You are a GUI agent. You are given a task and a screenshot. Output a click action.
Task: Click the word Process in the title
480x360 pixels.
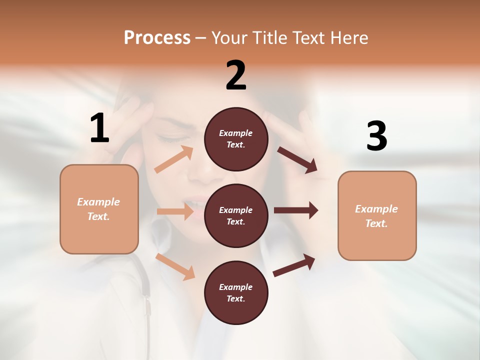(157, 37)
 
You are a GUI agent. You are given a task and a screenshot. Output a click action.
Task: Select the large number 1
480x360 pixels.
(99, 128)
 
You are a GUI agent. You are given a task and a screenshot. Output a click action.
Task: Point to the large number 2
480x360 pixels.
(236, 75)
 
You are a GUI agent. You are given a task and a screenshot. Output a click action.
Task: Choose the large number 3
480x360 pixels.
(376, 136)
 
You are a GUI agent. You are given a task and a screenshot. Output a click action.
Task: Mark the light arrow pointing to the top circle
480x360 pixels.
(174, 159)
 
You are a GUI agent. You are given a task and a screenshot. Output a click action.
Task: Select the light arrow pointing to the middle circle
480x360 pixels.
(175, 211)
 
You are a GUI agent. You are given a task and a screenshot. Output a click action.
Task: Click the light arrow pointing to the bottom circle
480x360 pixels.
(175, 266)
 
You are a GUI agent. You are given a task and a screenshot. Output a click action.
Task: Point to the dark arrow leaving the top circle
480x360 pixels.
(297, 160)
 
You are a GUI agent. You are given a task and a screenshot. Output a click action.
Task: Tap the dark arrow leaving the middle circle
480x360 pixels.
(296, 210)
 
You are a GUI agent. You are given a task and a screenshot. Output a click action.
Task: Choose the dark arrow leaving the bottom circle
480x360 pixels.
(294, 265)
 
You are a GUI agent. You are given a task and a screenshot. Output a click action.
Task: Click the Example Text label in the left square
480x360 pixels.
(98, 209)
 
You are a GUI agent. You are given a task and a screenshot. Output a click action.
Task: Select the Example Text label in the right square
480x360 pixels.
(376, 216)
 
